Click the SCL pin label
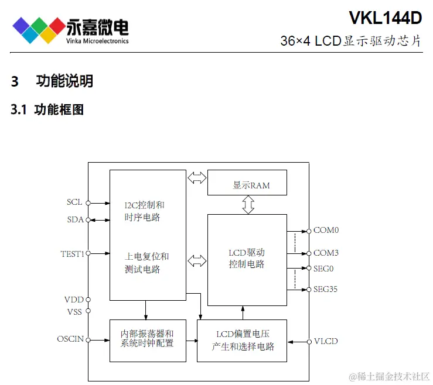74,202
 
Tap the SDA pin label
74,219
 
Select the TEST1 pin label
73,253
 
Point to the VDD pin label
74,300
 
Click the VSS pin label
74,311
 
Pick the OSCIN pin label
70,339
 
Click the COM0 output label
326,230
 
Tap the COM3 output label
326,253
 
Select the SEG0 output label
323,269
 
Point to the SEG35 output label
325,289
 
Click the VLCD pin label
326,341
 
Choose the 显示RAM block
247,183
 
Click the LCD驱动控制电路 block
247,259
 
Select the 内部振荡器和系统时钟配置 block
148,338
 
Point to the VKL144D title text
385,18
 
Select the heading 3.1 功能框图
47,109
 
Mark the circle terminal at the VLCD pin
308,342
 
